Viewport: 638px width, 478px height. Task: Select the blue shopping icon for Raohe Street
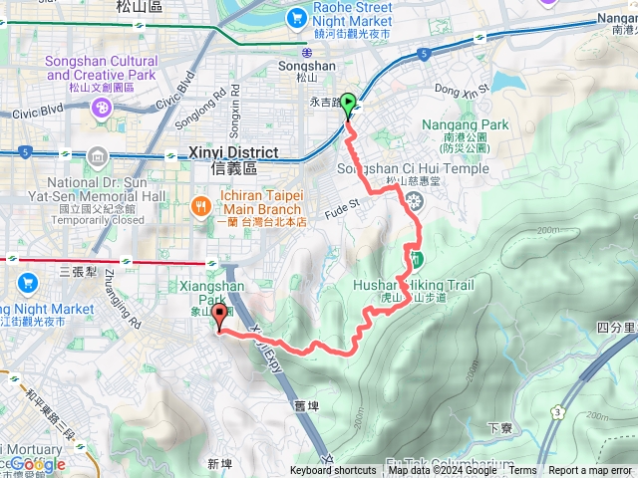(297, 18)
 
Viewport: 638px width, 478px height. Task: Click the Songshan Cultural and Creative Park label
(100, 68)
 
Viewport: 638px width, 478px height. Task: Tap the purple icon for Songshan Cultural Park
(101, 108)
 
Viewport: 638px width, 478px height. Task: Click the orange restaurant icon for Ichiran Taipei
(200, 207)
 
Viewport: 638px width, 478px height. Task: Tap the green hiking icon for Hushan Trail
(415, 261)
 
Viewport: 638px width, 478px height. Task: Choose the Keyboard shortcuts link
(333, 471)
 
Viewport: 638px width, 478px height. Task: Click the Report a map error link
(590, 471)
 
